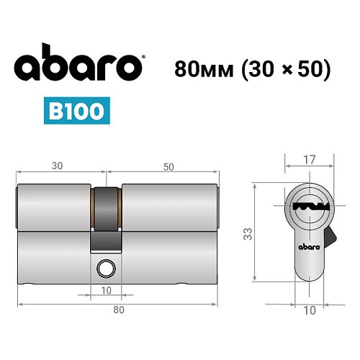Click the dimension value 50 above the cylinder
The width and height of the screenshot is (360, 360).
point(168,166)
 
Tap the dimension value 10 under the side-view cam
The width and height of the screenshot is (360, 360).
point(107,290)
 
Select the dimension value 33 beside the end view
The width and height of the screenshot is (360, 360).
point(246,233)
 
